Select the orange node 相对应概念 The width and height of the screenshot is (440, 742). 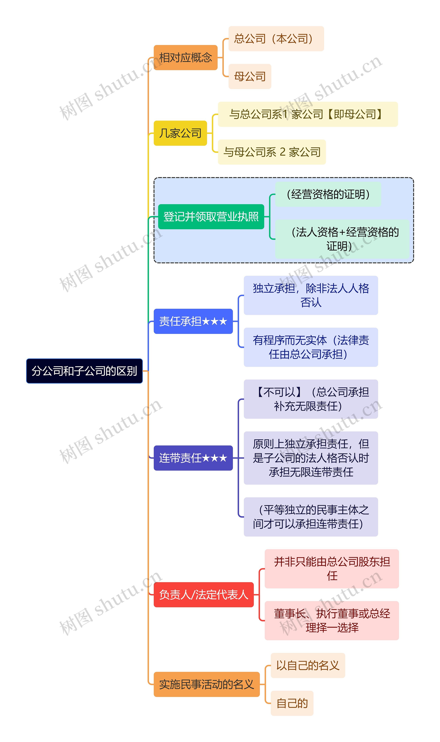click(186, 58)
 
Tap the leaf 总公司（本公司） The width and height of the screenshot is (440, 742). click(276, 38)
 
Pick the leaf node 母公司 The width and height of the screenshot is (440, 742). click(250, 76)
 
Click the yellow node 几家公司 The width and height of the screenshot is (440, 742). click(180, 133)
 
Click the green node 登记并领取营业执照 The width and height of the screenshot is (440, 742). click(211, 217)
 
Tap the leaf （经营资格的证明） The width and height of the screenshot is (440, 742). click(328, 194)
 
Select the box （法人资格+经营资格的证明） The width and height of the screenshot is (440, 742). click(342, 239)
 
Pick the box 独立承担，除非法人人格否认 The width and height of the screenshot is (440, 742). click(311, 295)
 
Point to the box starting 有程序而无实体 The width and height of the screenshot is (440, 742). click(311, 347)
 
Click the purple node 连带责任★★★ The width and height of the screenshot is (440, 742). click(193, 458)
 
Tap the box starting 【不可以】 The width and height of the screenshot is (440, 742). click(311, 399)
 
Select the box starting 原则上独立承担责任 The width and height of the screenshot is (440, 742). click(311, 458)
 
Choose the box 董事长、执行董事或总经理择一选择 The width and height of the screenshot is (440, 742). click(332, 621)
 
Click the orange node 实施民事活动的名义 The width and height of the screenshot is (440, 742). click(206, 684)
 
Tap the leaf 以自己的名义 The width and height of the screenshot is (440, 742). click(308, 665)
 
